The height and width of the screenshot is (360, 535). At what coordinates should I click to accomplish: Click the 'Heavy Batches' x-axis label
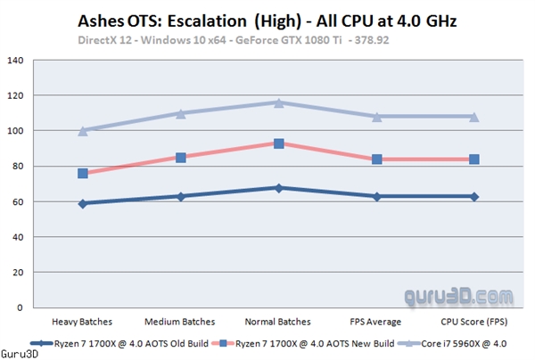pyautogui.click(x=82, y=321)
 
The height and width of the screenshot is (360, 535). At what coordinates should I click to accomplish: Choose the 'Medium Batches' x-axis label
pyautogui.click(x=180, y=321)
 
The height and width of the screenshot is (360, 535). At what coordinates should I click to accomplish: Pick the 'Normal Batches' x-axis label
pyautogui.click(x=278, y=321)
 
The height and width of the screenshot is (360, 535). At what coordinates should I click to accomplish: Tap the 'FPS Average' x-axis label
pyautogui.click(x=376, y=321)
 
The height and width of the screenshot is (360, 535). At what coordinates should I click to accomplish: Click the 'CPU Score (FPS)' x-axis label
pyautogui.click(x=473, y=321)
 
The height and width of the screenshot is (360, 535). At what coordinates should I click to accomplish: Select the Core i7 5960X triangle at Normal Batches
pyautogui.click(x=279, y=102)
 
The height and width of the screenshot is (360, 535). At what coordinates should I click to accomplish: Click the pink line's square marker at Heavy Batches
pyautogui.click(x=83, y=173)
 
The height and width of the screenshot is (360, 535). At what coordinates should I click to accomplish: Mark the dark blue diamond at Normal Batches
pyautogui.click(x=279, y=187)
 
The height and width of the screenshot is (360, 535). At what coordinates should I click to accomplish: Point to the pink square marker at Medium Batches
pyautogui.click(x=181, y=158)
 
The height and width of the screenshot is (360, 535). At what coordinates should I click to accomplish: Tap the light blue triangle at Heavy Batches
pyautogui.click(x=83, y=130)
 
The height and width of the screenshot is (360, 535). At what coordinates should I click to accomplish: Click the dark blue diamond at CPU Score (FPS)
pyautogui.click(x=474, y=196)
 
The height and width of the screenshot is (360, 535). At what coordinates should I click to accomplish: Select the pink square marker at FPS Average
pyautogui.click(x=377, y=160)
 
